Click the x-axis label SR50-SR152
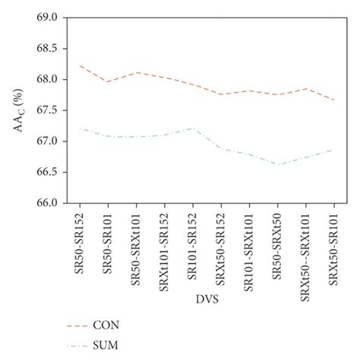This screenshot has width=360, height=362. pos(80,241)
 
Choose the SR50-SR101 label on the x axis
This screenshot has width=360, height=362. pos(108,241)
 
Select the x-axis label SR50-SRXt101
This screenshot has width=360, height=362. pos(136,245)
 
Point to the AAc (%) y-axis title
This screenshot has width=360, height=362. pos(18,110)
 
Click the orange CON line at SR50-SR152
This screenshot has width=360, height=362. pos(80,65)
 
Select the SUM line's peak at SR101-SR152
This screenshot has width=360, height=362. pos(192,129)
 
